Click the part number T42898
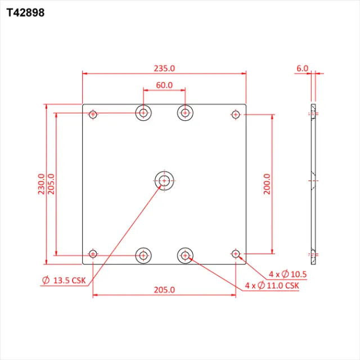click(25, 12)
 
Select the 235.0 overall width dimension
click(164, 68)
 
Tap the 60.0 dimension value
click(164, 85)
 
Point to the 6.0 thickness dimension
click(302, 68)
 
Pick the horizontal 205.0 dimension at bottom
click(164, 290)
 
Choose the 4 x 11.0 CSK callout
click(272, 286)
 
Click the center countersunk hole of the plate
click(164, 181)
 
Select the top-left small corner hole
click(93, 115)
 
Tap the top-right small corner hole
click(236, 115)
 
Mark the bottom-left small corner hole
click(93, 255)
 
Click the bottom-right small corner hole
click(236, 255)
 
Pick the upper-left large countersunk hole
click(144, 112)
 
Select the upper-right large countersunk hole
click(185, 112)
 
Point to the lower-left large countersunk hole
click(144, 255)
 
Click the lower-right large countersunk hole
click(185, 255)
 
